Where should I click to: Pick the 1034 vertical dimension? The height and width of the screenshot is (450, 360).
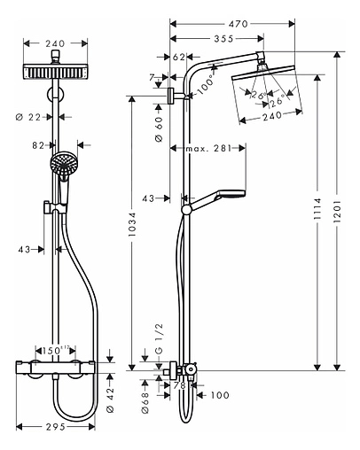(x=132, y=231)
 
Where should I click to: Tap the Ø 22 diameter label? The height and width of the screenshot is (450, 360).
(x=32, y=115)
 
